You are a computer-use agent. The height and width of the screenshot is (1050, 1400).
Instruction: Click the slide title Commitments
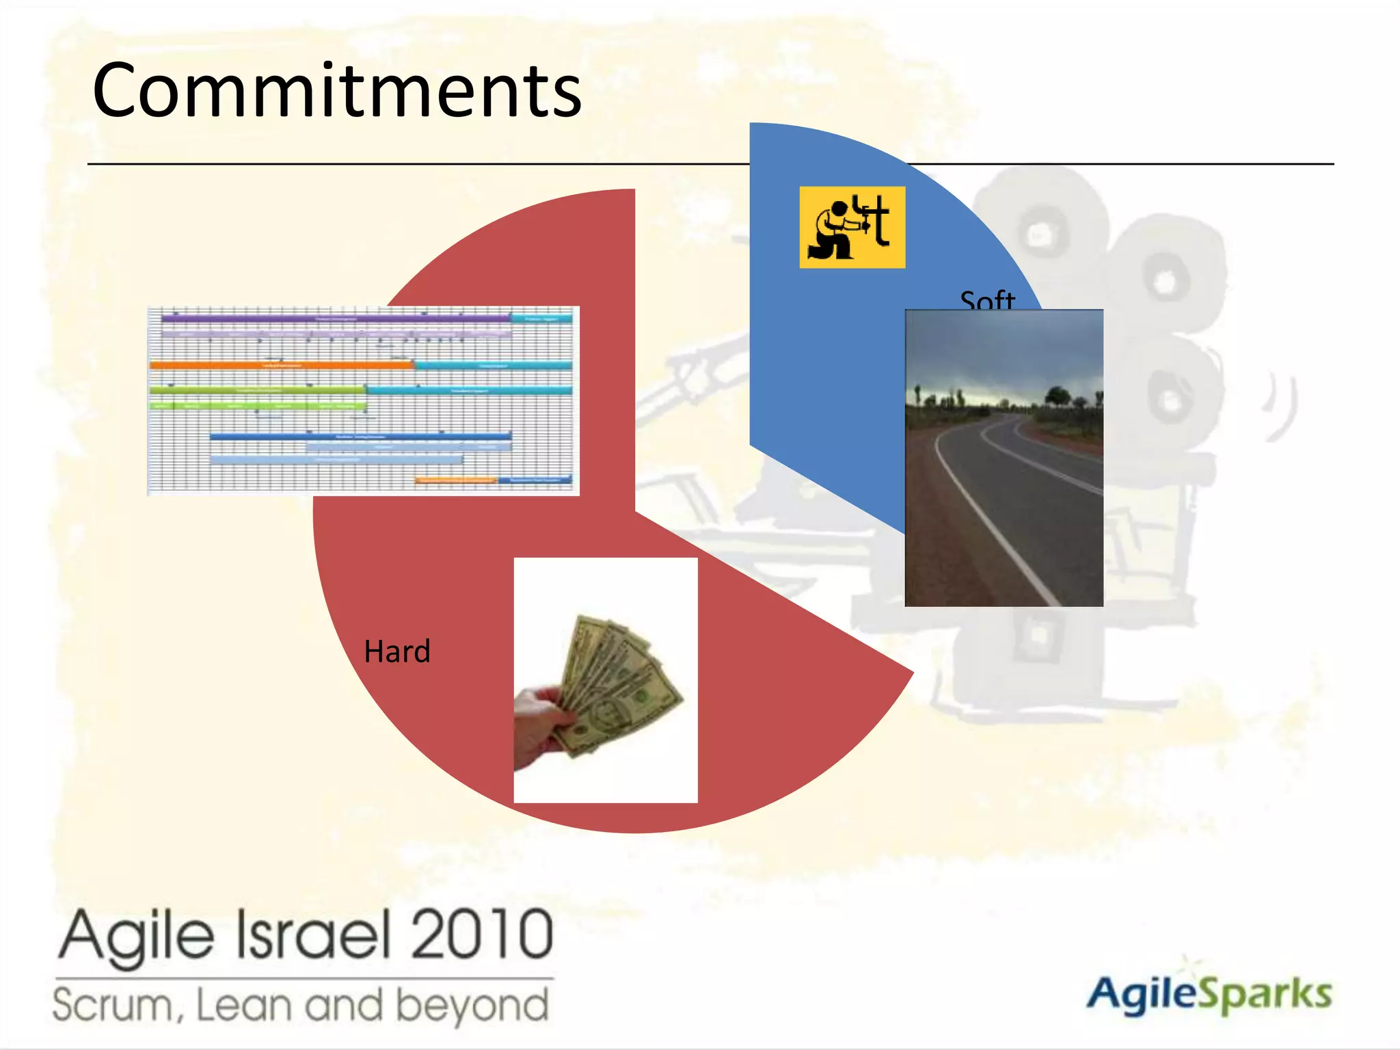pyautogui.click(x=337, y=91)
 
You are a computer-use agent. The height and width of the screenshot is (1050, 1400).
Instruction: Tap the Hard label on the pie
pyautogui.click(x=397, y=651)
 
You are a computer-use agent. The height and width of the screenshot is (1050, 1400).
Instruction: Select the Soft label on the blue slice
pyautogui.click(x=987, y=300)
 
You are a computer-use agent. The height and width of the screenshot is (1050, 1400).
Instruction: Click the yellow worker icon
pyautogui.click(x=852, y=227)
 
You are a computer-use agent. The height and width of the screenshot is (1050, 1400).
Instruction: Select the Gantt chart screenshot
pyautogui.click(x=363, y=401)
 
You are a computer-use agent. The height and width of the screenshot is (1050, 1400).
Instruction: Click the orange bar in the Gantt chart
pyautogui.click(x=281, y=366)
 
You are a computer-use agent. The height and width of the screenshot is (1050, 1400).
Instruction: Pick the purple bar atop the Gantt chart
pyautogui.click(x=335, y=319)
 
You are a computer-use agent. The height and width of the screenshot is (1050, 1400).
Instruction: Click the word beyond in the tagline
pyautogui.click(x=472, y=1005)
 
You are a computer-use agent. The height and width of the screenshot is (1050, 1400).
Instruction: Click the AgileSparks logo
pyautogui.click(x=1209, y=995)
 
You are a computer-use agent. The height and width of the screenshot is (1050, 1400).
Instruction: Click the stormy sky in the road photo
pyautogui.click(x=1004, y=349)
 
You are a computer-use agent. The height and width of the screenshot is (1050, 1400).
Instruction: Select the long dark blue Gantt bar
pyautogui.click(x=360, y=436)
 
